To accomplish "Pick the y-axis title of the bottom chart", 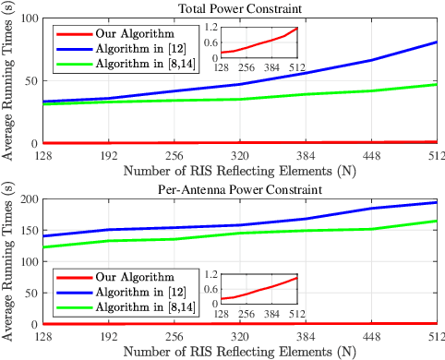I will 8,261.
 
